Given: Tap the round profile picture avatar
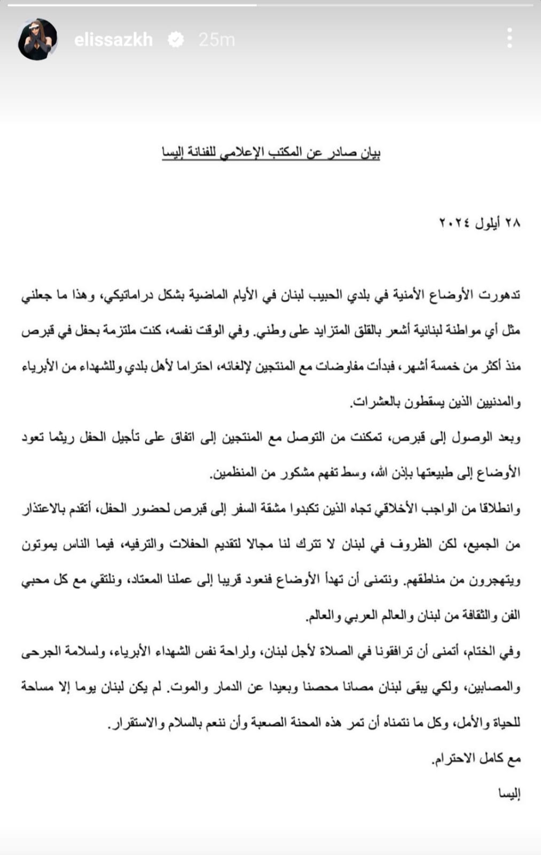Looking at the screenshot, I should (37, 40).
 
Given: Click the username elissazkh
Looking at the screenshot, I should (113, 40).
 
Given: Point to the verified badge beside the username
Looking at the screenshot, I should (176, 40).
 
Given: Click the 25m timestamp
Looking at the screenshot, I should (216, 40).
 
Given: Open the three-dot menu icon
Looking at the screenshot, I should (509, 38).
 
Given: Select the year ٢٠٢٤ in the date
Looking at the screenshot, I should (454, 223).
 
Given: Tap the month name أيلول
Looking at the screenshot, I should (487, 223).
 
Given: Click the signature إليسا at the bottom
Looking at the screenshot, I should (508, 794).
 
